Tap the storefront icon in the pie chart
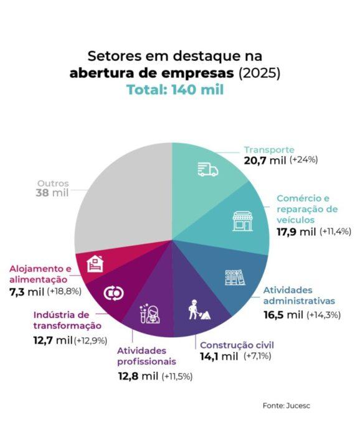coord(242,220)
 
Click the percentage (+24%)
coord(303,160)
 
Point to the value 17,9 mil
coord(296,231)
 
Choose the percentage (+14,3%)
coord(323,314)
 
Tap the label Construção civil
coord(236,345)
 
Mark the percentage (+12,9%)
coord(91,340)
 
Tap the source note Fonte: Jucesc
coord(286,406)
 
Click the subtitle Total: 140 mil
coord(175,90)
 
